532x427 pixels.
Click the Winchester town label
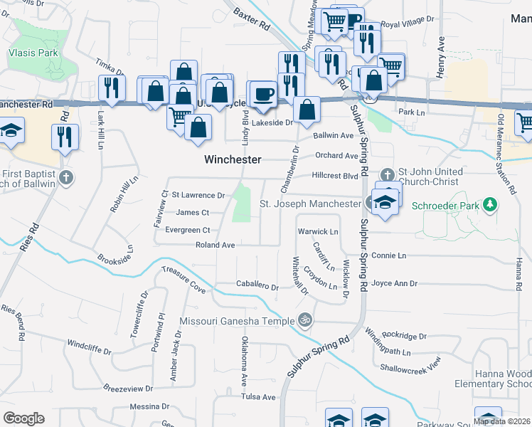[x=233, y=159]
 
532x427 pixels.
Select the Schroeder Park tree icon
[x=489, y=206]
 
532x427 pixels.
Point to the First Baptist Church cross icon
[x=65, y=176]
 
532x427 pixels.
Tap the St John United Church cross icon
[x=387, y=174]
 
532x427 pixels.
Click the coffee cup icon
[x=264, y=94]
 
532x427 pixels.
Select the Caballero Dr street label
[x=257, y=286]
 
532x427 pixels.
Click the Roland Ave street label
[x=215, y=245]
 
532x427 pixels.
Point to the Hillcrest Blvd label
[x=334, y=175]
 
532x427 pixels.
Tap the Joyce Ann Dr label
[x=394, y=283]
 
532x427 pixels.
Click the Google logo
[x=23, y=418]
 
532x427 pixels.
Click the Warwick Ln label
[x=317, y=231]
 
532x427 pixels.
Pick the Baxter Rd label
[x=252, y=19]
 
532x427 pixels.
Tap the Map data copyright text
[x=502, y=421]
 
